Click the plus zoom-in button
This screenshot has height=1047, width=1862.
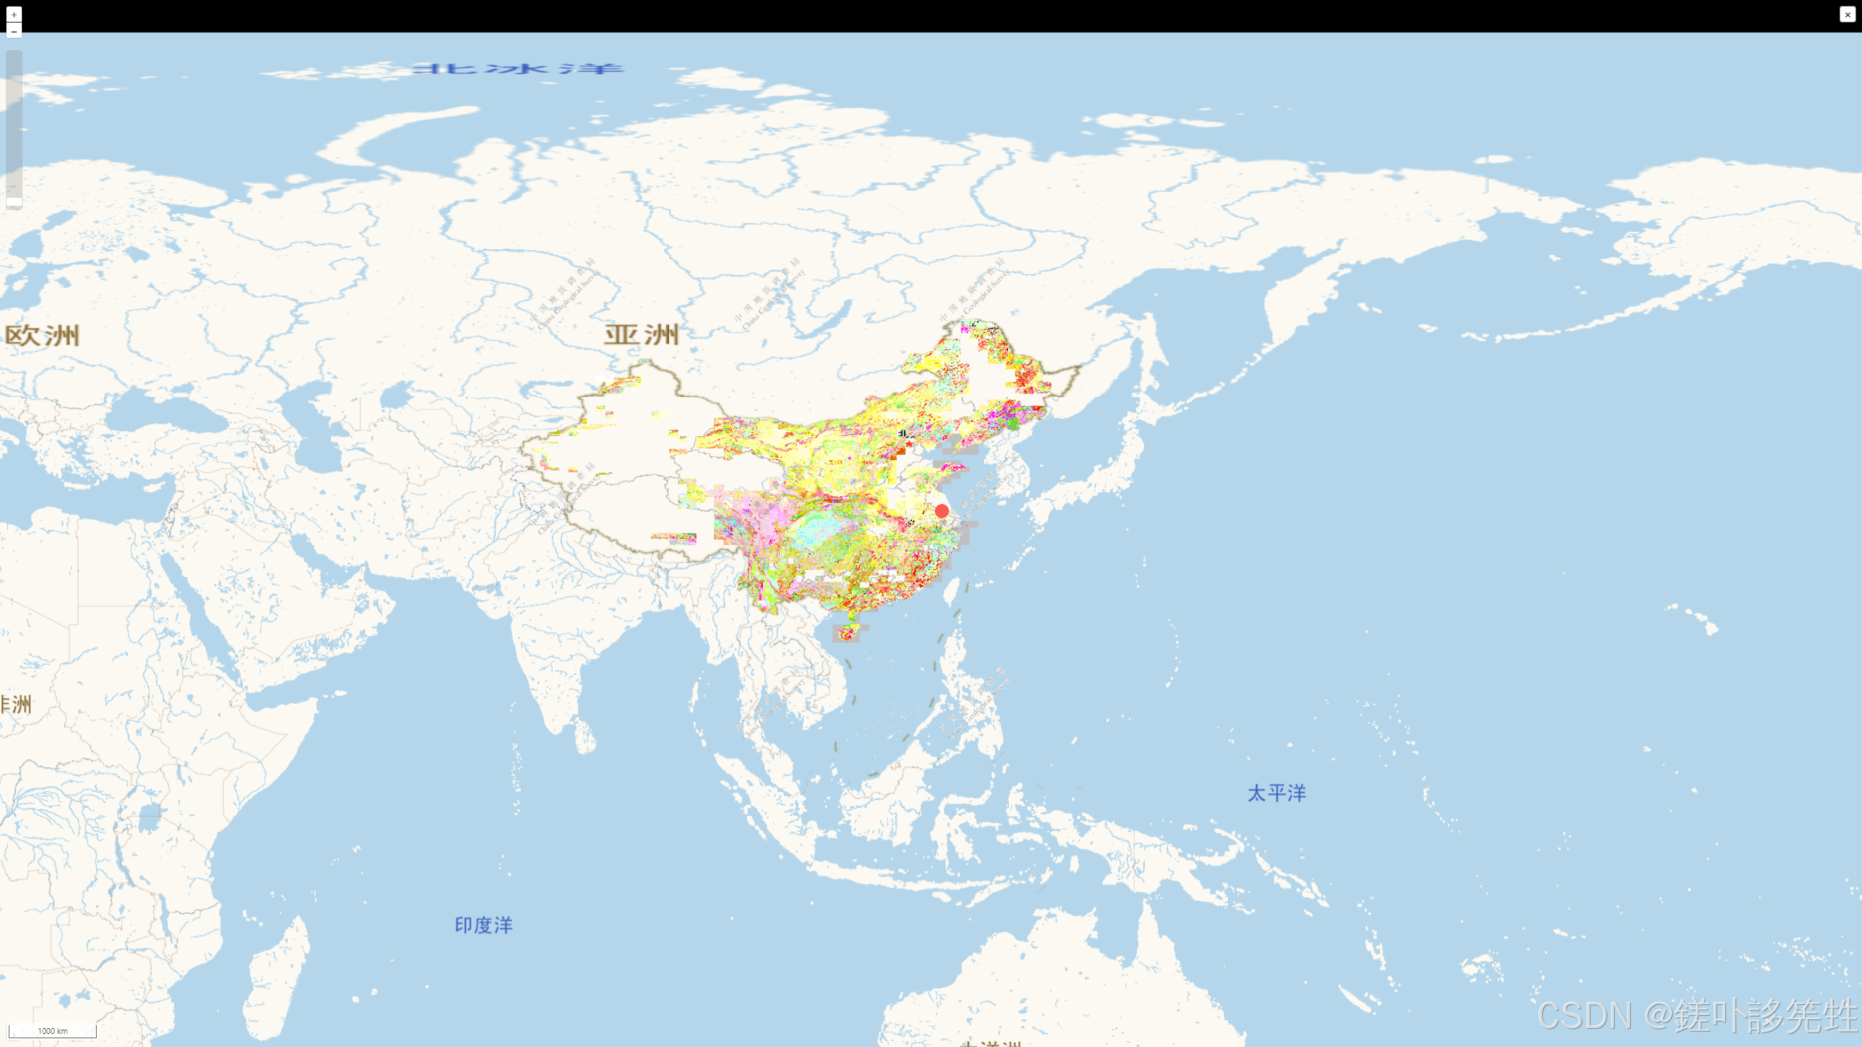pyautogui.click(x=14, y=15)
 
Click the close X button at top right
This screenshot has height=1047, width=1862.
pyautogui.click(x=1847, y=15)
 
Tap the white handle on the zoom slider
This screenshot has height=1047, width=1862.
pyautogui.click(x=14, y=202)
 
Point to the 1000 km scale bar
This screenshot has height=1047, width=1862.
pyautogui.click(x=52, y=1031)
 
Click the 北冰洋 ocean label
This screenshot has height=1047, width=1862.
pyautogui.click(x=517, y=69)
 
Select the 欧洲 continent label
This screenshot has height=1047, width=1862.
pyautogui.click(x=42, y=336)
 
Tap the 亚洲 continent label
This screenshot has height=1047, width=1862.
pyautogui.click(x=642, y=335)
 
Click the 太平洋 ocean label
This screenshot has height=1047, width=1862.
pyautogui.click(x=1276, y=793)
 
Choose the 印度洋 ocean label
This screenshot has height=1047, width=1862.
pyautogui.click(x=484, y=926)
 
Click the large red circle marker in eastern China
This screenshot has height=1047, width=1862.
pyautogui.click(x=942, y=511)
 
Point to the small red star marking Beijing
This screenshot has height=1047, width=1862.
pyautogui.click(x=909, y=443)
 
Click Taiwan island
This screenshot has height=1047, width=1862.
pyautogui.click(x=950, y=593)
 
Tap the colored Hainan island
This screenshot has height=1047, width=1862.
pyautogui.click(x=847, y=633)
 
